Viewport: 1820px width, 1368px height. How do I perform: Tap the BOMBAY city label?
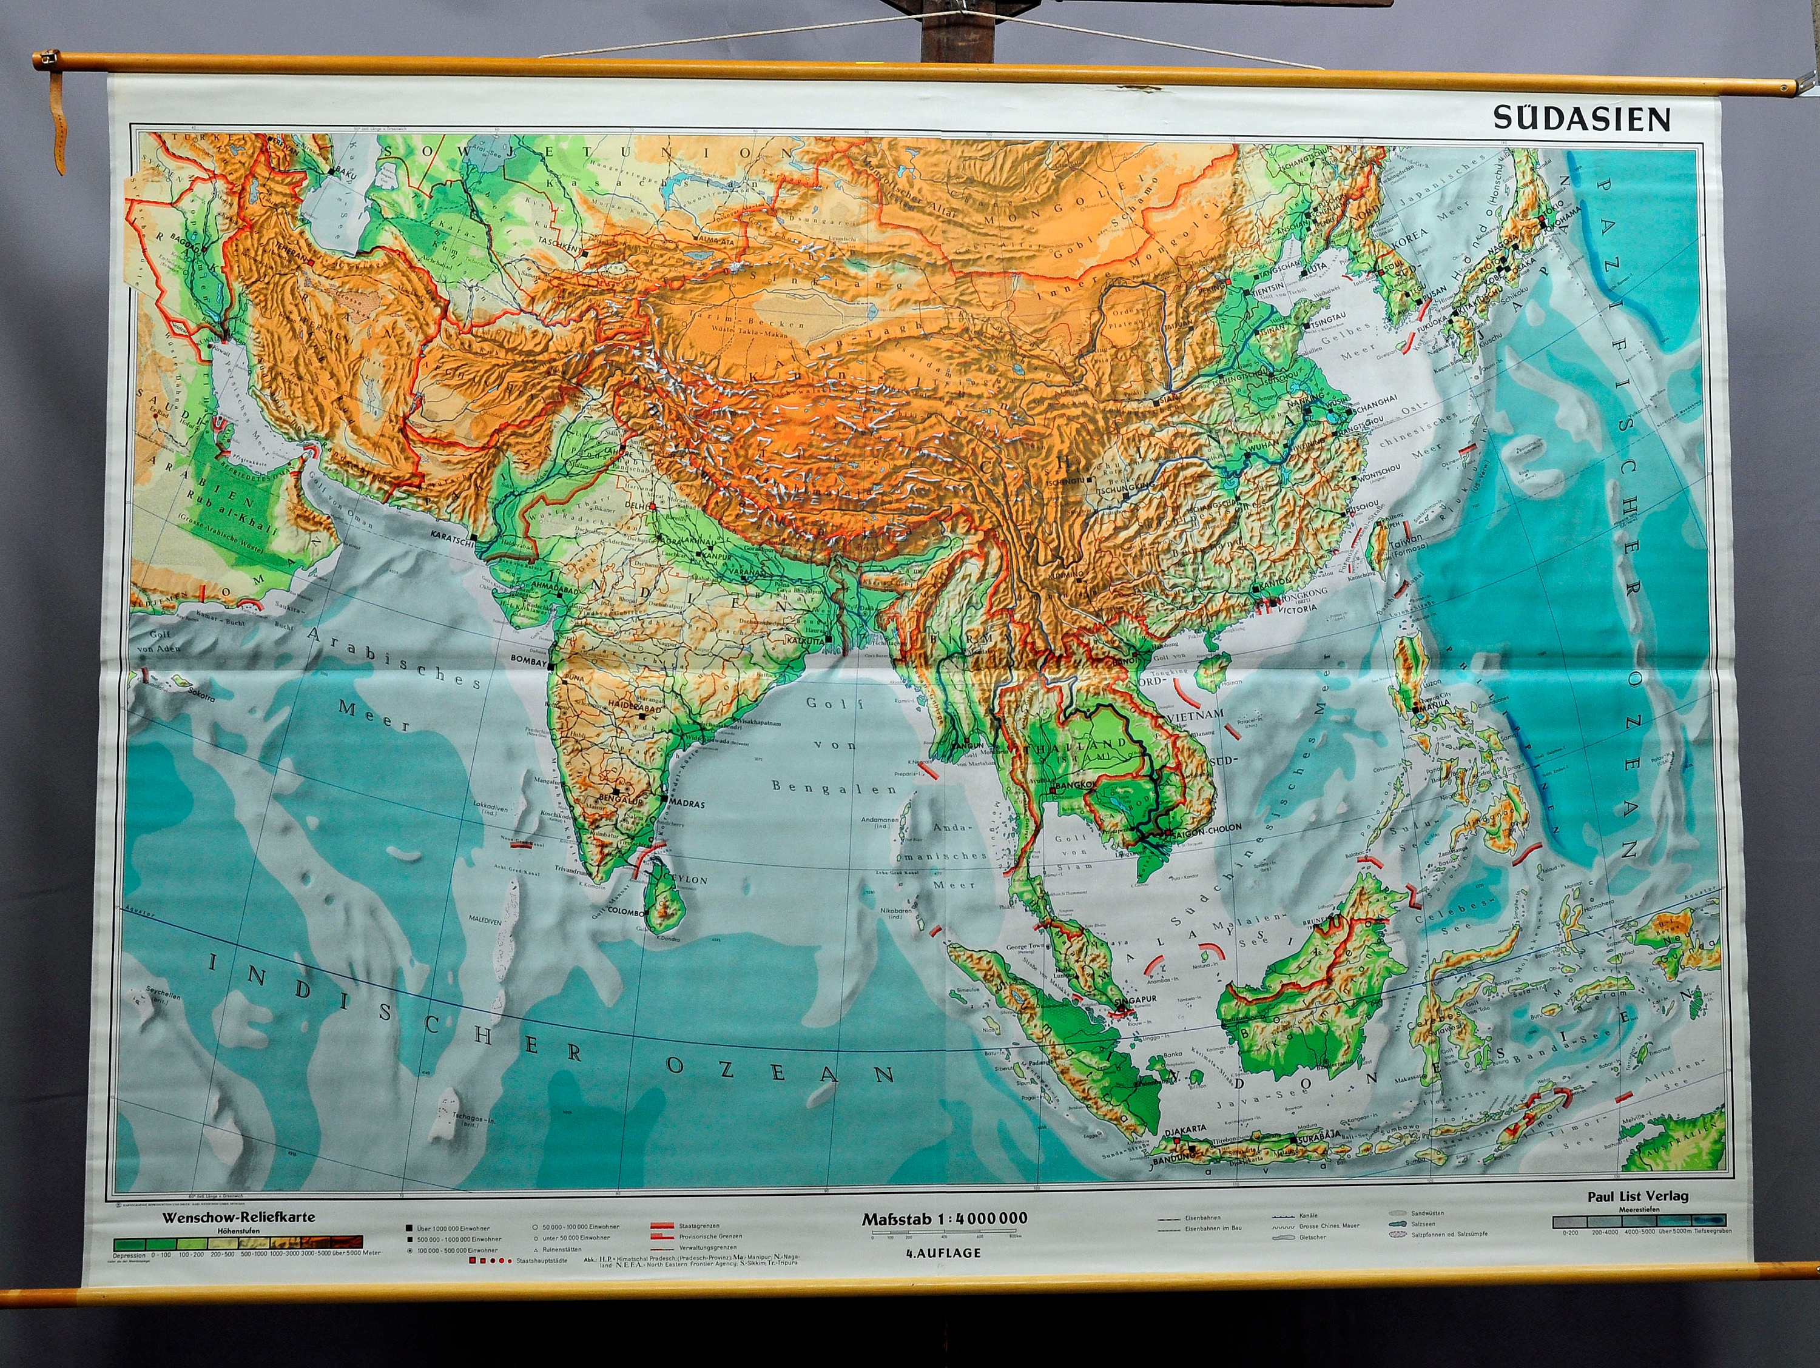528,660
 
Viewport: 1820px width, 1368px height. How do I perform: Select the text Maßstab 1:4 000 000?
944,1219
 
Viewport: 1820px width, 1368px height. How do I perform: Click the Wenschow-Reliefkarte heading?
238,1216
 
